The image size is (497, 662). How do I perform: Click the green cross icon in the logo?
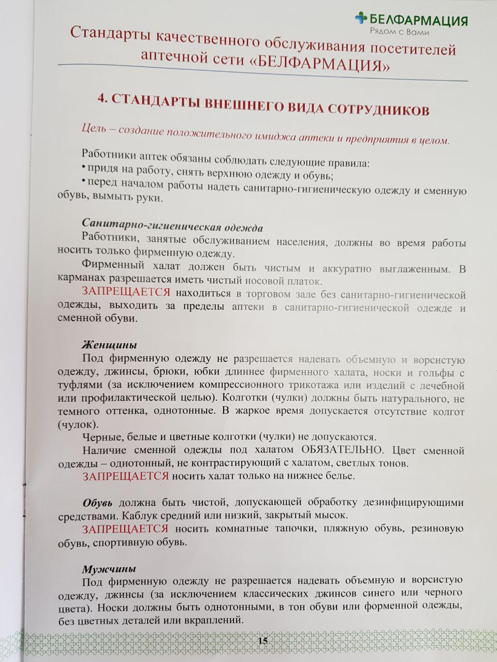point(361,18)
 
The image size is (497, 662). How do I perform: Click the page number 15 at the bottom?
point(262,640)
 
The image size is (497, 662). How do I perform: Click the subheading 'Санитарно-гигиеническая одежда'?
point(172,227)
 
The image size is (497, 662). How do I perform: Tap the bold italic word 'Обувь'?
point(98,503)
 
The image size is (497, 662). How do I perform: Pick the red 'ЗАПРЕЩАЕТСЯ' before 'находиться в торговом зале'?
point(126,292)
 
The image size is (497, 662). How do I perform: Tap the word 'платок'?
point(305,281)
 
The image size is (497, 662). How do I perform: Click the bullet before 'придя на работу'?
point(84,168)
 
